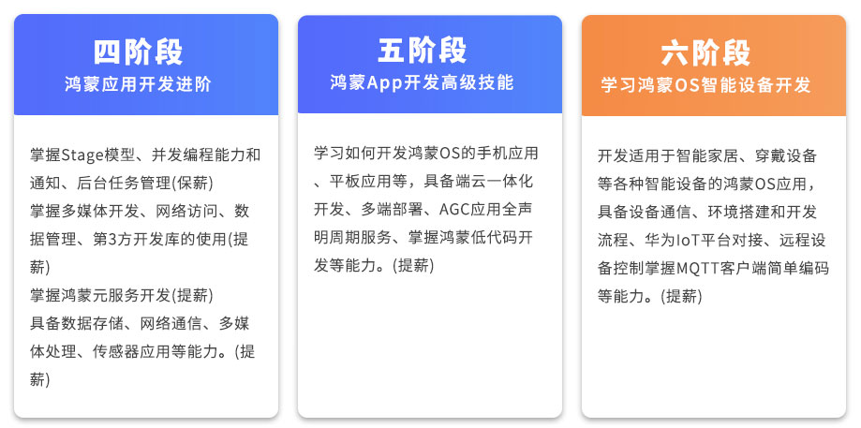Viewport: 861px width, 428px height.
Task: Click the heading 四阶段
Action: click(x=138, y=52)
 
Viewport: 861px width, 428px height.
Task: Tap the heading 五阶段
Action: click(x=422, y=51)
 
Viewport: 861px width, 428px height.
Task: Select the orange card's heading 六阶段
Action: click(x=705, y=53)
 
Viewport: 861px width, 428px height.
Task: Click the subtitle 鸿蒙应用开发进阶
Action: click(x=138, y=84)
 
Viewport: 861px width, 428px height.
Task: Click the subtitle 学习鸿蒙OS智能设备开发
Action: click(x=705, y=85)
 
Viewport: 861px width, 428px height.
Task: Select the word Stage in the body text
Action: click(x=82, y=155)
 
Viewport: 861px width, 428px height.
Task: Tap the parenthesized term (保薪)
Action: click(x=193, y=184)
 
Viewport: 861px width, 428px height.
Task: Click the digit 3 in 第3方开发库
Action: click(x=112, y=239)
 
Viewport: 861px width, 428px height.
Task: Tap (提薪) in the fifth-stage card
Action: click(x=413, y=265)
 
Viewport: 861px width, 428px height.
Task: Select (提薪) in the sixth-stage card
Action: click(x=681, y=296)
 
